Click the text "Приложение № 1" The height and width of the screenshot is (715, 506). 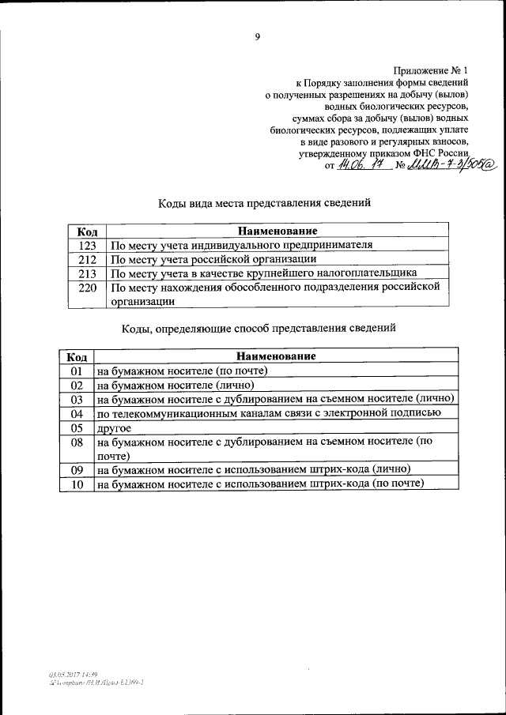tap(432, 71)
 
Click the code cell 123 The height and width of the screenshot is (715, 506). tap(87, 245)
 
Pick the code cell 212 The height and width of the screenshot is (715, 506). tap(87, 258)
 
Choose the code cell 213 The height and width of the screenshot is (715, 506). tap(87, 273)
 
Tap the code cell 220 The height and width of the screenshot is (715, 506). tap(87, 287)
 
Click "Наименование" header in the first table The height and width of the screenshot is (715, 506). tap(278, 231)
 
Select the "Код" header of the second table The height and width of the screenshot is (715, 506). tap(77, 356)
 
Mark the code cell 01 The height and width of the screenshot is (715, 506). tap(77, 371)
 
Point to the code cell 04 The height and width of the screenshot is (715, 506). tap(77, 413)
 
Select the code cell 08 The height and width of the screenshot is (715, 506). tap(77, 442)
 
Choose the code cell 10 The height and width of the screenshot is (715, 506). tap(77, 484)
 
